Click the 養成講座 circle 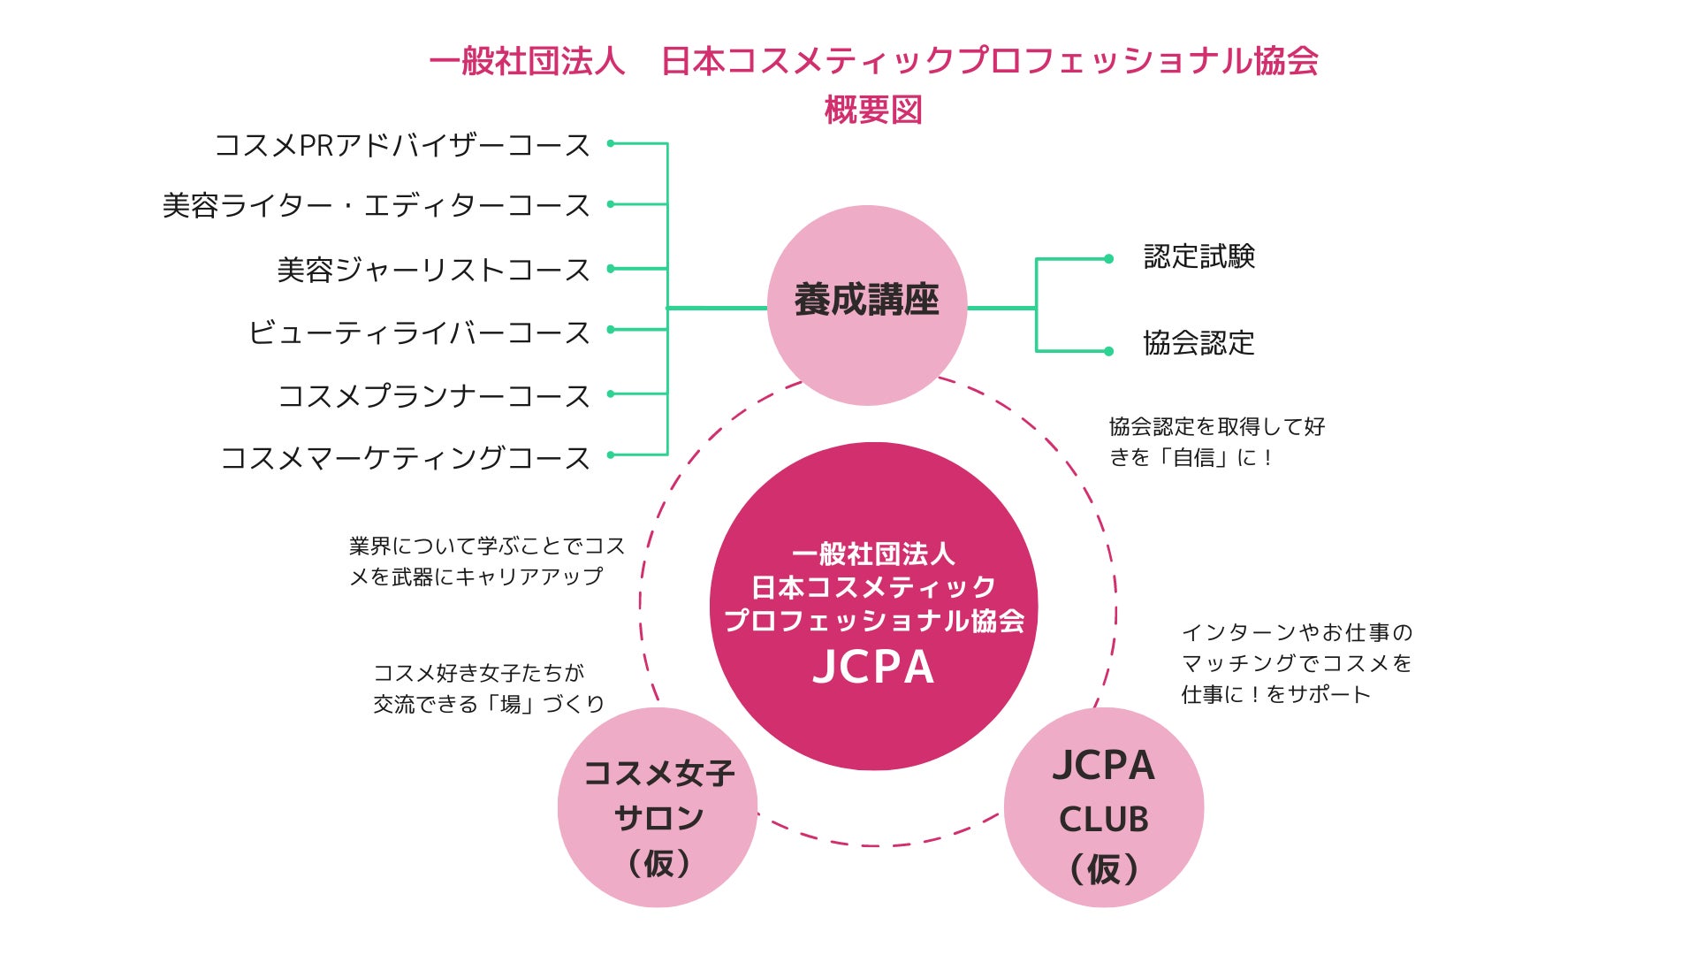coord(866,304)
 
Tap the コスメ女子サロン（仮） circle coord(658,807)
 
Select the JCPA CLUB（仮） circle coord(1104,807)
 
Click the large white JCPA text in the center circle coord(873,668)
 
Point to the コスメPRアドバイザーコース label coord(402,145)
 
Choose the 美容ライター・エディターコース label coord(376,205)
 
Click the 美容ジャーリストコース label coord(433,270)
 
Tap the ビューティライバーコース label coord(419,332)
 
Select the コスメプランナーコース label coord(433,395)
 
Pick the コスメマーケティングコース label coord(405,457)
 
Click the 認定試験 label coord(1199,256)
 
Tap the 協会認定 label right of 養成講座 coord(1199,343)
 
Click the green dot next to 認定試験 coord(1108,259)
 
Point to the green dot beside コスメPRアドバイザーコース coord(611,143)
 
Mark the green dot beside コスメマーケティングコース coord(611,455)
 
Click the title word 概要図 coord(873,111)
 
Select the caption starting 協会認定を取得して coord(1216,442)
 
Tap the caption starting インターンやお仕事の coord(1296,663)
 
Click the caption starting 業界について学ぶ coord(486,562)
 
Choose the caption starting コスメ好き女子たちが coord(488,689)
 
